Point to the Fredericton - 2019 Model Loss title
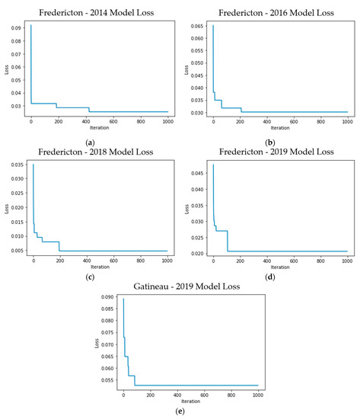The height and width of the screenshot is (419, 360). (271, 152)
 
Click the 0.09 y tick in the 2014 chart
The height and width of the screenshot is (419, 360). (16, 27)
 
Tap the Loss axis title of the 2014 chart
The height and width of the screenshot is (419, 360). (5, 70)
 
